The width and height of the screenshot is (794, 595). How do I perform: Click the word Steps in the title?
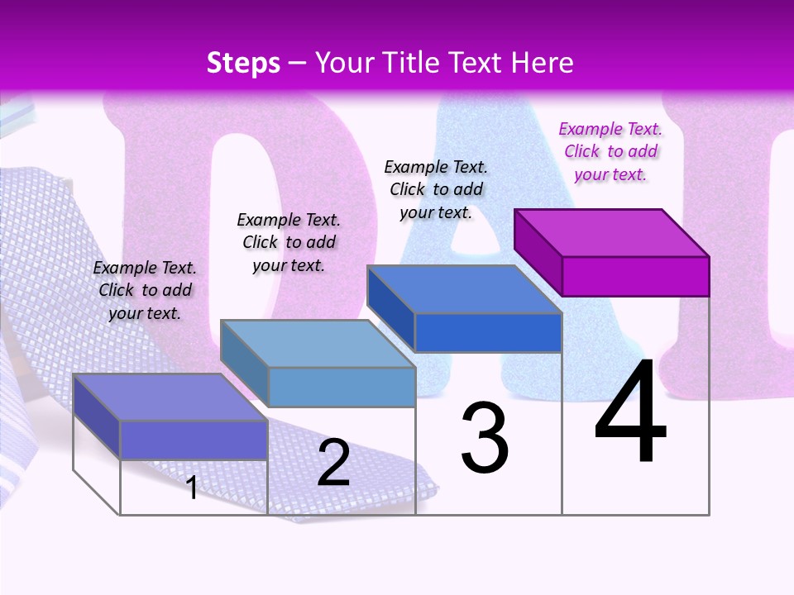click(243, 63)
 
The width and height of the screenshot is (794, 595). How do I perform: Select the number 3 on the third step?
click(484, 438)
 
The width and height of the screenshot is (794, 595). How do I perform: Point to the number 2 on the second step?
click(333, 463)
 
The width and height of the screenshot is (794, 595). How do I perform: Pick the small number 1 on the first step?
click(192, 488)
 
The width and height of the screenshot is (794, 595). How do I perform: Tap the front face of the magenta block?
click(635, 276)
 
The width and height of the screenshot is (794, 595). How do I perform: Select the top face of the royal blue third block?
click(465, 289)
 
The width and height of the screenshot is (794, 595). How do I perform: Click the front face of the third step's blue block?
click(488, 332)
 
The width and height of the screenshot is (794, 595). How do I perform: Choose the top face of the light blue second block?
click(318, 344)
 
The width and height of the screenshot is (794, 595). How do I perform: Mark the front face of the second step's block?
click(342, 387)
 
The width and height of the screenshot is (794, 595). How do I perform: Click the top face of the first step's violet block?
click(170, 397)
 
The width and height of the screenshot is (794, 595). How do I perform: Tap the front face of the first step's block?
click(194, 440)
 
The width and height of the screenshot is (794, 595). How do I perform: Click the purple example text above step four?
click(610, 151)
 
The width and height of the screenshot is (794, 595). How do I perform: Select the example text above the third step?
click(436, 189)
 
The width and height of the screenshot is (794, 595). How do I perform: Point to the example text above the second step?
click(289, 242)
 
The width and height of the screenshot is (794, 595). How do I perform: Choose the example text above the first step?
click(145, 290)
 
